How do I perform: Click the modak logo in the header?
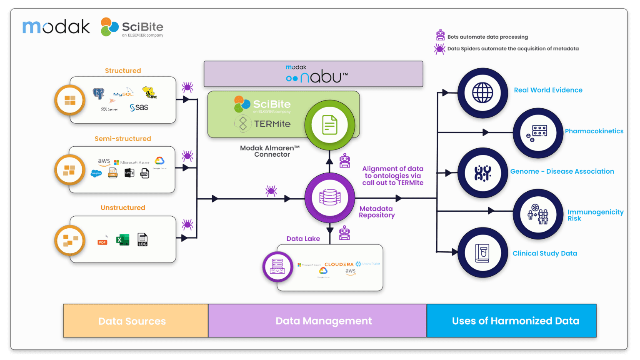coord(56,27)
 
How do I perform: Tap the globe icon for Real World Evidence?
coord(482,93)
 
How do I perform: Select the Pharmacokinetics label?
coord(594,131)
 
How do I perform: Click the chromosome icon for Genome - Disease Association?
coord(482,173)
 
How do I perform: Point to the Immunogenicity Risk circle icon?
coord(538,214)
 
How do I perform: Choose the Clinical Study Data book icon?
coord(482,253)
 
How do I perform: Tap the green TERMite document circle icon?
coord(330,125)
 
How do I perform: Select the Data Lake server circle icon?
coord(277,267)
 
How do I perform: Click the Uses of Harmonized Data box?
coord(512,321)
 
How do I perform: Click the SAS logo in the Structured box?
coord(139,107)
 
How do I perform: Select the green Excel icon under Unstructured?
coord(122,240)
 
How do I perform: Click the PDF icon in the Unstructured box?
coord(102,240)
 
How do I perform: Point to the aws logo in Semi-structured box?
coord(104,162)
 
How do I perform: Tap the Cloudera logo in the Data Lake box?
coord(339,264)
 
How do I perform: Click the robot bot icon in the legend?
coord(440,35)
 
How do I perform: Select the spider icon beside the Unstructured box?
coord(187,225)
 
